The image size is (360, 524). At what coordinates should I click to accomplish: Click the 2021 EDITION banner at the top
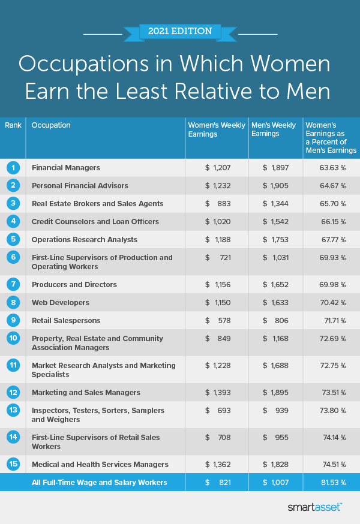coord(179,31)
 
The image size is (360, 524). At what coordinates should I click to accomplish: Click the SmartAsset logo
coord(314,507)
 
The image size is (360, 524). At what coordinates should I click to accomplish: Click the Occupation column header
coord(51,125)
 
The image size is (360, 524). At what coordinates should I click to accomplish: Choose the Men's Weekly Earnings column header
coord(274,130)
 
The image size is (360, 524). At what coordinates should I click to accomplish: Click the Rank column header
coord(13,125)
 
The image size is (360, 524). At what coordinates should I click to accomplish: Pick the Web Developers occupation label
coord(61,302)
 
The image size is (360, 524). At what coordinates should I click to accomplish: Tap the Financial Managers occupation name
coord(66,167)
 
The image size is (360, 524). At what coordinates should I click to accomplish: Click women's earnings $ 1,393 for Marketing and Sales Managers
coord(214,392)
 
